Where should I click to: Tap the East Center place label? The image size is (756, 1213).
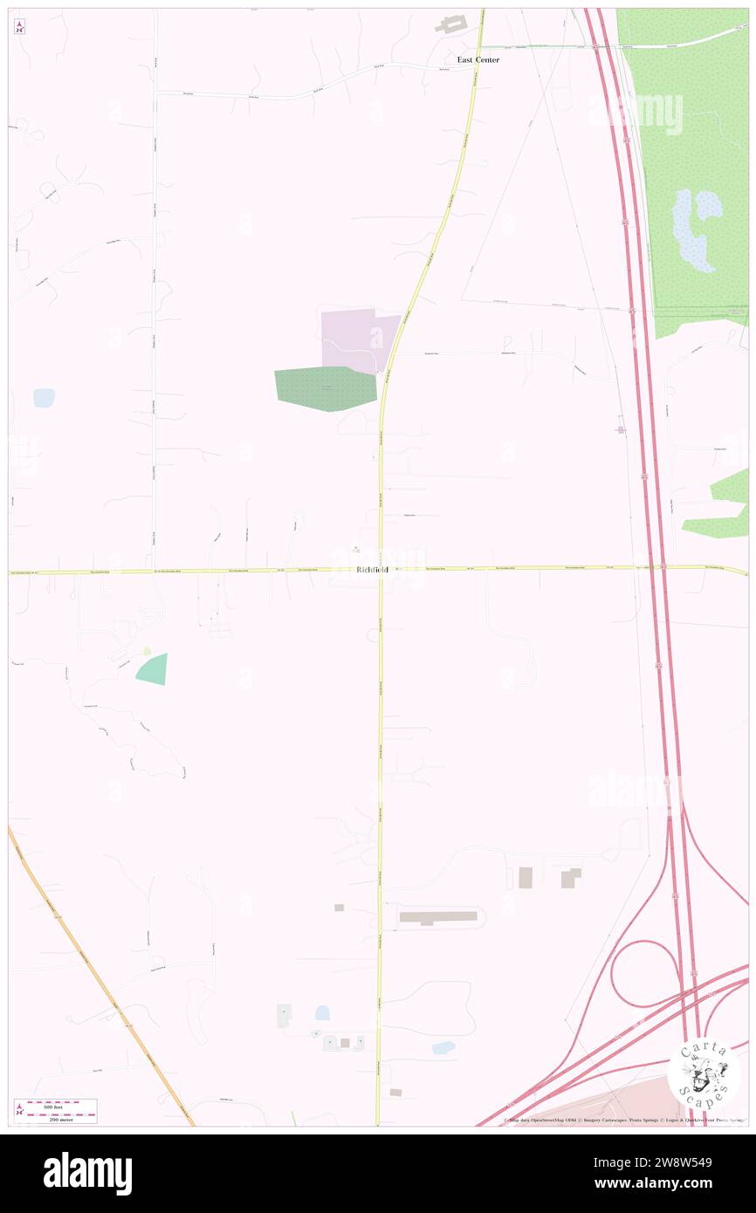[478, 59]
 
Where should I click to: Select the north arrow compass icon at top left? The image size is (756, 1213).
[19, 27]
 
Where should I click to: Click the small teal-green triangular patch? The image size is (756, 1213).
[154, 669]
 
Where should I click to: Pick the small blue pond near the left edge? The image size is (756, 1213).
[44, 398]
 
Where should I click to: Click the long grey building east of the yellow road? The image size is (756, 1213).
[438, 917]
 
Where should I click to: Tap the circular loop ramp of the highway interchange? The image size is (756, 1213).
[643, 973]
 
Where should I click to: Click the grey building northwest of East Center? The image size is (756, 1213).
[451, 24]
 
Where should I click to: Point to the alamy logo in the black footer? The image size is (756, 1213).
[87, 1173]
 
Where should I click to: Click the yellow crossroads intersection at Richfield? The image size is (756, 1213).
[381, 571]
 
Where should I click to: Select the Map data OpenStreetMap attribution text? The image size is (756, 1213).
[559, 1120]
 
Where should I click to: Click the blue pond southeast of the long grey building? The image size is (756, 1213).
[443, 1046]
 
